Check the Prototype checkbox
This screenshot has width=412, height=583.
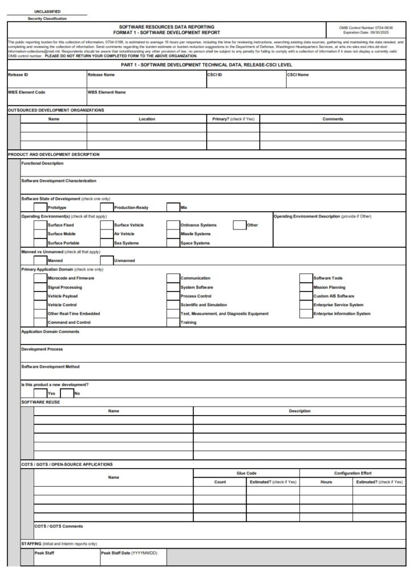[40, 208]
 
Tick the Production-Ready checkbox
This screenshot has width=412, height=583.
[107, 208]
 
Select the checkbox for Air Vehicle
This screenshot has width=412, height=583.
[107, 234]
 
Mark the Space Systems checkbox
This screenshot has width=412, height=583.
[173, 243]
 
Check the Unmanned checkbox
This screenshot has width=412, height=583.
[107, 261]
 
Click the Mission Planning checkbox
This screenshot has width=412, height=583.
[306, 288]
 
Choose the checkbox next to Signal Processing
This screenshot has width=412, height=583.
[40, 288]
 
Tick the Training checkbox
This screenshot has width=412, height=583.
[173, 323]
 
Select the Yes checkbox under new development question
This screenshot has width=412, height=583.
[40, 393]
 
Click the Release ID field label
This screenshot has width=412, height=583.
[18, 75]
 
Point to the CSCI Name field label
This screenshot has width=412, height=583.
[298, 75]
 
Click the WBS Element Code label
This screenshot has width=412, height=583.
[26, 92]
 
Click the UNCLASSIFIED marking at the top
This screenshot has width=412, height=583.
[47, 11]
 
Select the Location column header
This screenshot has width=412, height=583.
[146, 119]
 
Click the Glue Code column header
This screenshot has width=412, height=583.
[246, 473]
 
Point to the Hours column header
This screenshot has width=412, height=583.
[326, 482]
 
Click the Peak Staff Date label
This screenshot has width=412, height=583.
[129, 553]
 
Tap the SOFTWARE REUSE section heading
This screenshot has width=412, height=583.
[40, 402]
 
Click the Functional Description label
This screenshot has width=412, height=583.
[43, 163]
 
